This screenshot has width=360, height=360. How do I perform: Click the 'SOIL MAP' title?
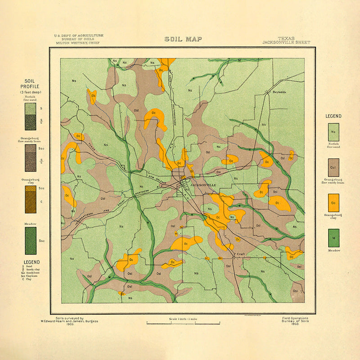pyautogui.click(x=183, y=39)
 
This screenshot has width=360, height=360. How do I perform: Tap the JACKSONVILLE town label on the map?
pyautogui.click(x=203, y=185)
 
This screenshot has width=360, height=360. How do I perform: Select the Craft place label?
pyautogui.click(x=239, y=254)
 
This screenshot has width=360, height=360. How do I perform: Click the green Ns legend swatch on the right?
pyautogui.click(x=333, y=132)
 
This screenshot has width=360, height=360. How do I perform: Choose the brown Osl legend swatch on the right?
pyautogui.click(x=333, y=167)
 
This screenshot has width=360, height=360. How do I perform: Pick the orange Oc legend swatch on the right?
pyautogui.click(x=333, y=202)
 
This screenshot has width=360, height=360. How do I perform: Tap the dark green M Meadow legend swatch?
pyautogui.click(x=333, y=238)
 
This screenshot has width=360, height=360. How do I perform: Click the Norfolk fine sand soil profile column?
pyautogui.click(x=30, y=116)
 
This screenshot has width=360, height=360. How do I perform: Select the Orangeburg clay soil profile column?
pyautogui.click(x=30, y=199)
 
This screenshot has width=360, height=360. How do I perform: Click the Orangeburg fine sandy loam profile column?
pyautogui.click(x=30, y=157)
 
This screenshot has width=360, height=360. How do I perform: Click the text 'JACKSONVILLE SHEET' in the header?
pyautogui.click(x=286, y=43)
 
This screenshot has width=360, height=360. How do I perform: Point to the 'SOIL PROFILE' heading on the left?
pyautogui.click(x=31, y=84)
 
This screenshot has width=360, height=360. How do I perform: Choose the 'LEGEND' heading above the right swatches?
pyautogui.click(x=333, y=116)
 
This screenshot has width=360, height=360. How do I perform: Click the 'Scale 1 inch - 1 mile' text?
pyautogui.click(x=183, y=319)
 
